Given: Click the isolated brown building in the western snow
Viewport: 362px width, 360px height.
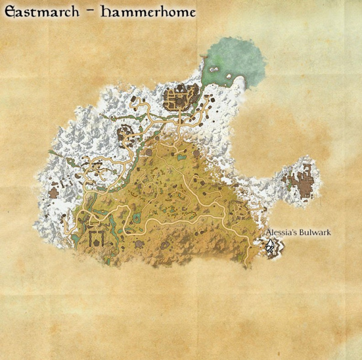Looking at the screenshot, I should [55, 192].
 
